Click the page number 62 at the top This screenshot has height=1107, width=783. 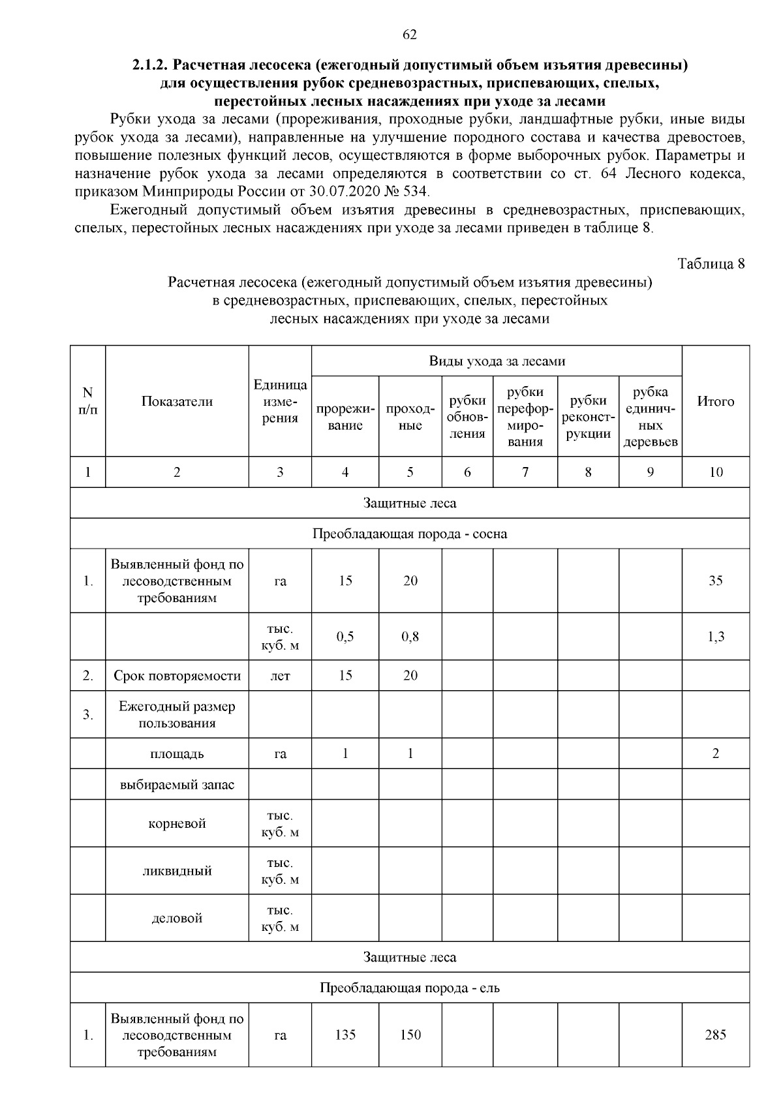410,35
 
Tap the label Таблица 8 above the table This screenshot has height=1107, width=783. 711,264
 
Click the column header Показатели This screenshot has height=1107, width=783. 177,401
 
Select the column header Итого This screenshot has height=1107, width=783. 715,401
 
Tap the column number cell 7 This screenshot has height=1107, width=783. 525,472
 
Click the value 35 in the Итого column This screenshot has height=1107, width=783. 715,581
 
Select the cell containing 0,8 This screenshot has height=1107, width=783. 410,637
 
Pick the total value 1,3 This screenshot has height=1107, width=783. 715,637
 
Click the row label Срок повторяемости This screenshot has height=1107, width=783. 177,676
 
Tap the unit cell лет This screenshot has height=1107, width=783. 280,676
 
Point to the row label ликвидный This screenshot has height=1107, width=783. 177,871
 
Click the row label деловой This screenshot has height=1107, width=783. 177,918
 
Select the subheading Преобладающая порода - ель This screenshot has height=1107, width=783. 410,988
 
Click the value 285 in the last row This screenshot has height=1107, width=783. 715,1035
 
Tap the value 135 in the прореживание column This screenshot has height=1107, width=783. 345,1035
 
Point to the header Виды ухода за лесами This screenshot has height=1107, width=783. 497,361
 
